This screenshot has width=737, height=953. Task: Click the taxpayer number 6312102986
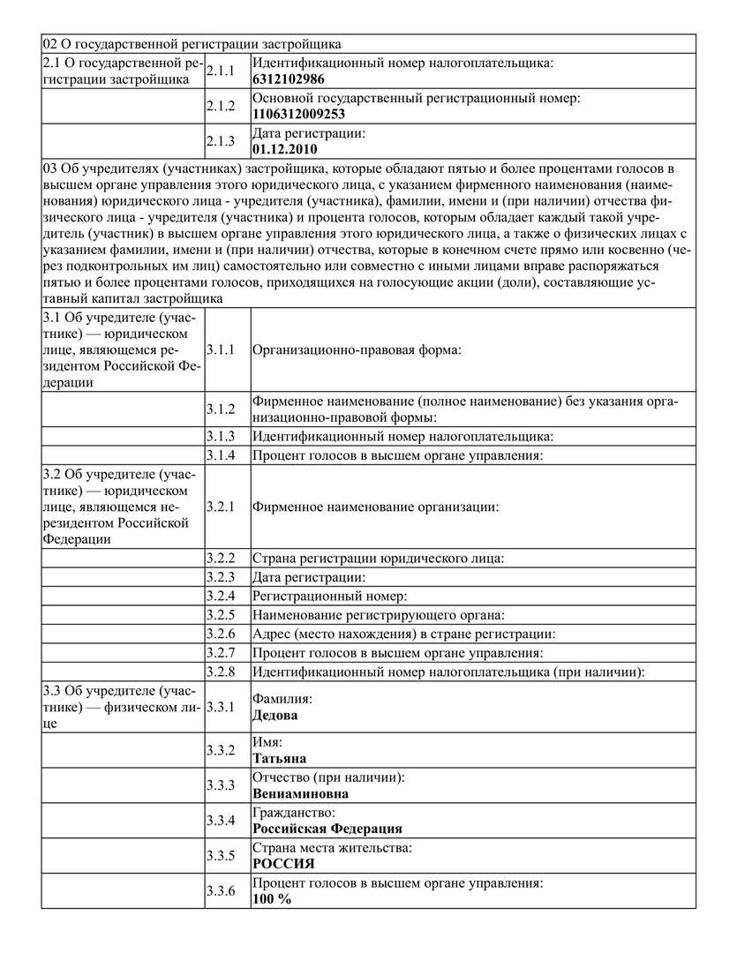tap(289, 79)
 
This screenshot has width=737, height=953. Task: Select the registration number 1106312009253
tap(298, 114)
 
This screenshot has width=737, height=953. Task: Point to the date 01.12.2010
tap(284, 148)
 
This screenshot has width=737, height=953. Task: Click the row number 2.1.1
tap(220, 71)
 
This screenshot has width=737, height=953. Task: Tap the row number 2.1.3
tap(220, 141)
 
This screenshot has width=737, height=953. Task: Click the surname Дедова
tap(274, 716)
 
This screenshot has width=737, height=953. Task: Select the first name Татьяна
tap(279, 758)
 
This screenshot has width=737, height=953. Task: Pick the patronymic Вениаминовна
tap(300, 793)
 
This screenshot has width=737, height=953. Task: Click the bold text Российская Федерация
tap(327, 829)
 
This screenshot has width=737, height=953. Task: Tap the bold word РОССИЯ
tap(283, 864)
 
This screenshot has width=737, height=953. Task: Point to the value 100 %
tap(272, 899)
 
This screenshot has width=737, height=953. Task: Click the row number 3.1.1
tap(220, 349)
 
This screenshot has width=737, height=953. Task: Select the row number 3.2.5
tap(220, 615)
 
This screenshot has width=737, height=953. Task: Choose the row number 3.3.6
tap(220, 891)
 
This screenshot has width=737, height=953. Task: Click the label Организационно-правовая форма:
tap(357, 349)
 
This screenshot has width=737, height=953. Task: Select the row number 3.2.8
tap(220, 672)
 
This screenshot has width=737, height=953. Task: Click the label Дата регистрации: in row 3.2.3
tap(310, 577)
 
